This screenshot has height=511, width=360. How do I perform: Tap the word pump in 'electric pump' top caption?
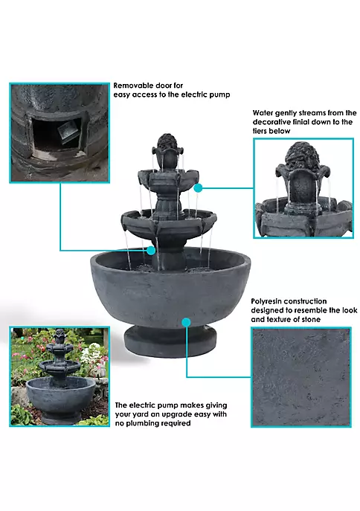click(219, 94)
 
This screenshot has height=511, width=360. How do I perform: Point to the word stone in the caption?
click(309, 319)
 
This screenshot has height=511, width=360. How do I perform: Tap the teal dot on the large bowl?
click(186, 322)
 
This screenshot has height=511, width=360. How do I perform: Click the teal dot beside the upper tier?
click(198, 187)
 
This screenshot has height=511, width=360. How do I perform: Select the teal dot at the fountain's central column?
click(151, 250)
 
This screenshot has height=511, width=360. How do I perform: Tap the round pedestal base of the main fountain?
click(170, 342)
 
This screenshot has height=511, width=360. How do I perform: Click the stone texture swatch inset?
click(301, 377)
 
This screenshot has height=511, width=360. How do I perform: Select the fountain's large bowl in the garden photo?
click(60, 395)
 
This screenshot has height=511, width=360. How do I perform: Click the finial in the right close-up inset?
click(302, 156)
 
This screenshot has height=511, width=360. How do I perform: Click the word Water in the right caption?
click(263, 113)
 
